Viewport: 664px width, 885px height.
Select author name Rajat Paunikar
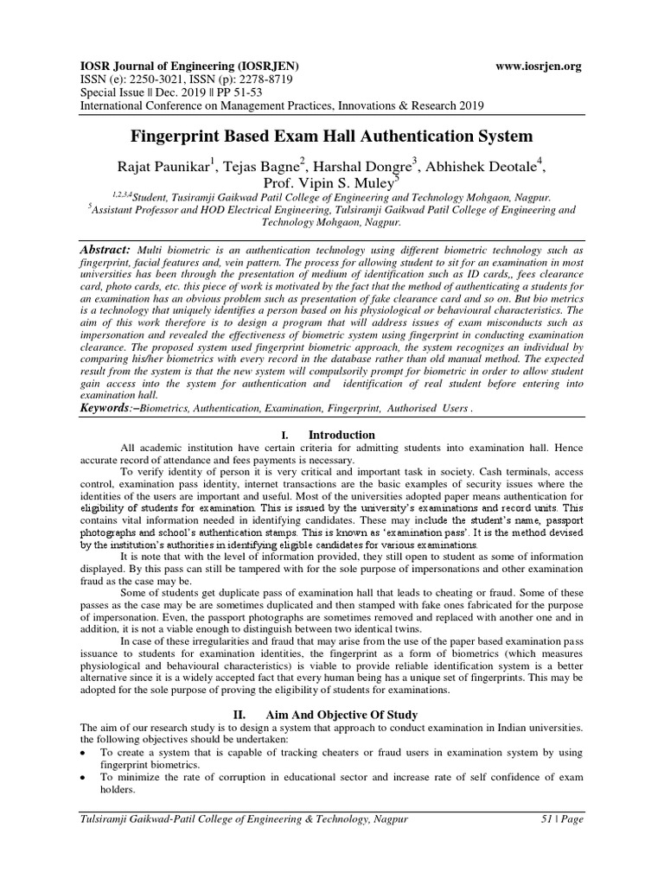[163, 165]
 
